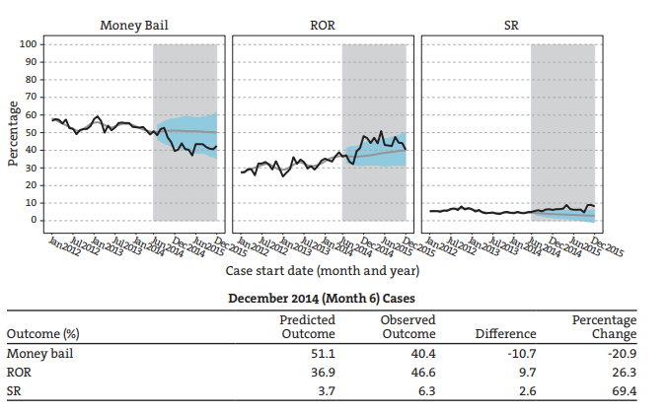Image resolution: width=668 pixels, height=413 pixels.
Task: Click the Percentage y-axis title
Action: (13, 132)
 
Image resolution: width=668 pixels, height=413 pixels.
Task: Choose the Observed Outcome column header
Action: (408, 326)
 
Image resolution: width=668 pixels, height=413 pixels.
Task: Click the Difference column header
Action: (505, 333)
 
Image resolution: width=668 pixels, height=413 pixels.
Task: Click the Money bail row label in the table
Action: (38, 353)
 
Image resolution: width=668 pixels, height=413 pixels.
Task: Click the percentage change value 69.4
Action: (624, 392)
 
